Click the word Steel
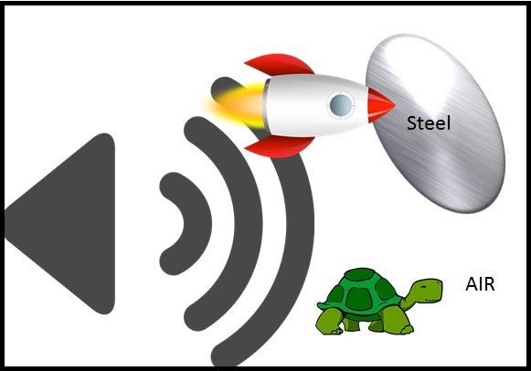coord(429,122)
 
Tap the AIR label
coord(480,284)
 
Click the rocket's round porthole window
coord(341,105)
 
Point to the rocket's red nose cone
coord(380,105)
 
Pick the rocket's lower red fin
coord(280,146)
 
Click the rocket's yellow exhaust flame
coord(237,105)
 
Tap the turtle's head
coord(428,290)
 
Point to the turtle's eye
coord(424,286)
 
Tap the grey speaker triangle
coord(61,223)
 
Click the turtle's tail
coord(319,304)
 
